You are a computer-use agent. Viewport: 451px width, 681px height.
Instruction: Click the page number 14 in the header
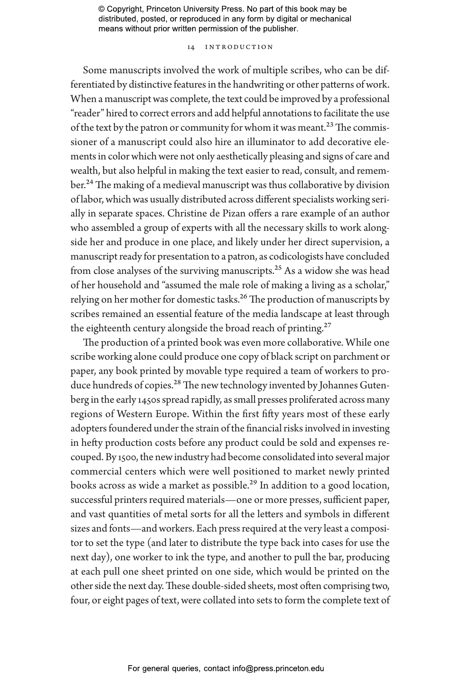(191, 47)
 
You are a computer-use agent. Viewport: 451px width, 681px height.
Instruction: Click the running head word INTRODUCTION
(239, 47)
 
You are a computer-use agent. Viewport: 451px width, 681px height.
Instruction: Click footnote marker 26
(244, 297)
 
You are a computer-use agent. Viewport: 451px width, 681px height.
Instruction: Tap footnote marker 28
(177, 382)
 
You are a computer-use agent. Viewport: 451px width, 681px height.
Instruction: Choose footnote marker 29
(253, 483)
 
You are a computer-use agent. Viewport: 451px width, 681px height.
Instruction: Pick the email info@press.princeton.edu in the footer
(278, 668)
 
